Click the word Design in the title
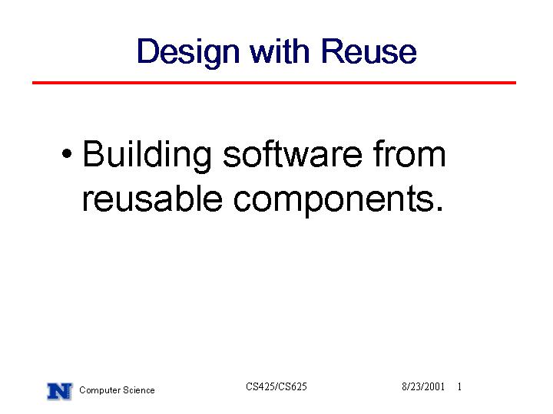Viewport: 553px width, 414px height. pos(188,52)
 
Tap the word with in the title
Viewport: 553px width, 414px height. pos(280,51)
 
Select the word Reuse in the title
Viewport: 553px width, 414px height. pos(369,51)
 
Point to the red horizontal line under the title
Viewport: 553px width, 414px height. pos(274,83)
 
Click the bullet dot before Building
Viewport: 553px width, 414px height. pos(67,153)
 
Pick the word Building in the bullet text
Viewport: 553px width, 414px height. pos(147,156)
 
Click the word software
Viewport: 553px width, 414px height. pos(293,154)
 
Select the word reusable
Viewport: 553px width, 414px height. pos(152,199)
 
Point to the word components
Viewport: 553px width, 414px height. pos(333,201)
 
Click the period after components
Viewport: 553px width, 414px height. pos(439,209)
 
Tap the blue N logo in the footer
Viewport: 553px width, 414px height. pos(60,391)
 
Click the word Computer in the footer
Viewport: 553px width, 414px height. pos(99,390)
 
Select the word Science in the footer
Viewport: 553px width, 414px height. pos(138,390)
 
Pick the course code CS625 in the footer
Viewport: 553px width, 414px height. pos(291,386)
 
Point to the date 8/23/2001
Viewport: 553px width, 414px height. pos(423,387)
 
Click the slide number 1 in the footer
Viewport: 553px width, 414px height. pos(459,386)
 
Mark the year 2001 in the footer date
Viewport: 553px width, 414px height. pos(435,387)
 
